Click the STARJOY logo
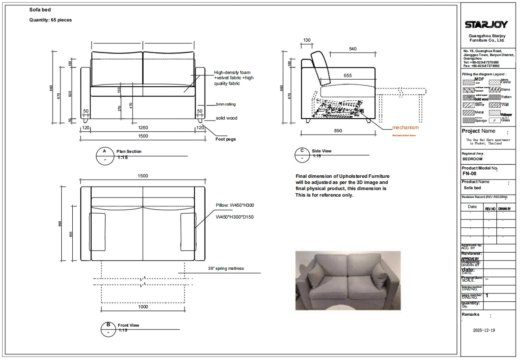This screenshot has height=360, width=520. coord(487,25)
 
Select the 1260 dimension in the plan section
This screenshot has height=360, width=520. coord(143,128)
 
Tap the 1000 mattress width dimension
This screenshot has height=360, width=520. coord(143,307)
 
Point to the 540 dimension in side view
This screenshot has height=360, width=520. coord(353,49)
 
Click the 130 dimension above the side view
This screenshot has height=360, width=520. coord(307,40)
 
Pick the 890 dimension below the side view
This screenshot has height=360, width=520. coord(338,131)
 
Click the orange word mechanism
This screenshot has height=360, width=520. coord(405,128)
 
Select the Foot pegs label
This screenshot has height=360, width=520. coord(226,139)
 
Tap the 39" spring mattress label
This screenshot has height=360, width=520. coord(226,268)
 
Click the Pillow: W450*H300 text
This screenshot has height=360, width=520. coord(235,205)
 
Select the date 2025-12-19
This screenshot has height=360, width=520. coord(484,330)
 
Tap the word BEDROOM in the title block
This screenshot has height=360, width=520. coord(472,159)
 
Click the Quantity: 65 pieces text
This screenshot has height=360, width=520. coord(50,20)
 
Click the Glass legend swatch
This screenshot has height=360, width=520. coord(495,120)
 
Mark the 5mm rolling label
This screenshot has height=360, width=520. coord(226,105)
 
